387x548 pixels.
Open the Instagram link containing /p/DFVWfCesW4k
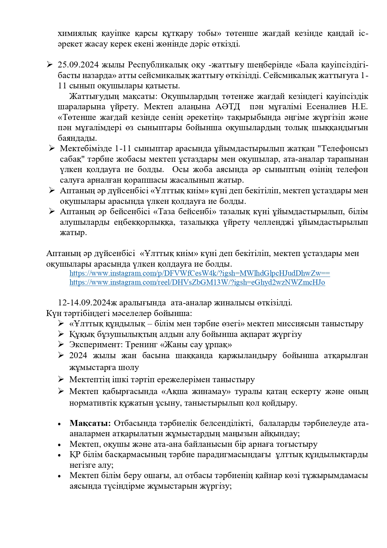coord(199,274)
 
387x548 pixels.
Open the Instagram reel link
coord(197,283)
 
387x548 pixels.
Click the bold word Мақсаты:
coord(90,423)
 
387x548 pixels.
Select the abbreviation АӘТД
coord(228,107)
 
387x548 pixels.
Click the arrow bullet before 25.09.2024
coord(50,65)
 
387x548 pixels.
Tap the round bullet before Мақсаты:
coord(59,424)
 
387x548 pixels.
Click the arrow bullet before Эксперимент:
coord(61,344)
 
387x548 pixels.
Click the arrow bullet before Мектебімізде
coord(52,148)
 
